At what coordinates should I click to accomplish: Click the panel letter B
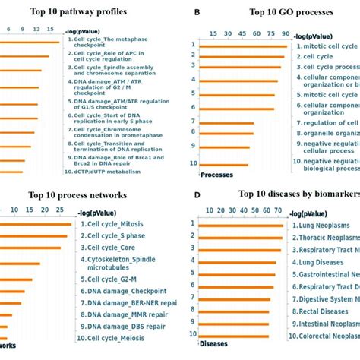(197, 13)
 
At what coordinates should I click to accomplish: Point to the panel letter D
(197, 195)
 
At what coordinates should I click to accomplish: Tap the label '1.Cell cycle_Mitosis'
(118, 225)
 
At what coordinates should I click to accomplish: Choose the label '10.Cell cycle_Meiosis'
(118, 337)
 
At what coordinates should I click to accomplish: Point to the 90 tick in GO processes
(286, 33)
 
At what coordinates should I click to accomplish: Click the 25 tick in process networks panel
(62, 210)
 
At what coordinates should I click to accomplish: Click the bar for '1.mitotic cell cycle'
(244, 46)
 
